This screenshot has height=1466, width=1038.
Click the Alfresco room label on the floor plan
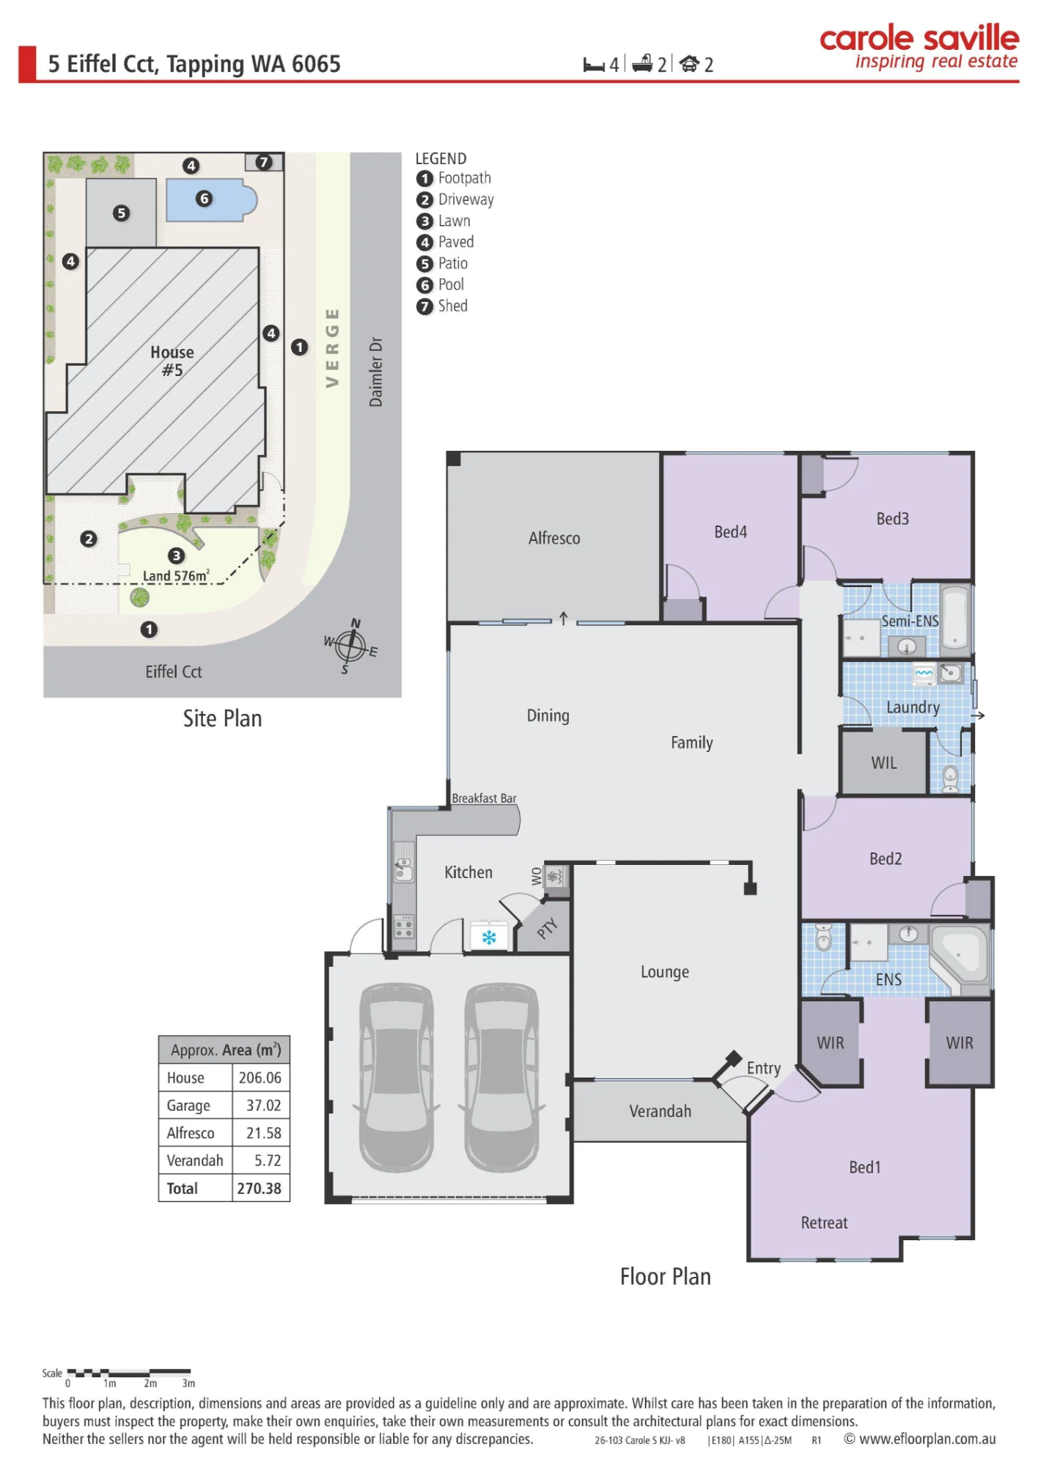(554, 538)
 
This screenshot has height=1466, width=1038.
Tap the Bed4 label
(731, 531)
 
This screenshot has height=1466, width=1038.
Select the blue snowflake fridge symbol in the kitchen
(489, 937)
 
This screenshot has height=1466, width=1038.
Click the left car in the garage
(397, 1078)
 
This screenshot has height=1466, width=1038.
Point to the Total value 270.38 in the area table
(259, 1188)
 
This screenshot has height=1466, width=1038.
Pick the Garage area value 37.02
(263, 1105)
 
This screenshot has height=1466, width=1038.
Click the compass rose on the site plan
(351, 646)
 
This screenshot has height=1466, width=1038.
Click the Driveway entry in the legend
(455, 199)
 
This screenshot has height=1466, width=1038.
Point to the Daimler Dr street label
(375, 372)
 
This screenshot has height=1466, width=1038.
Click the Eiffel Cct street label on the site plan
(174, 671)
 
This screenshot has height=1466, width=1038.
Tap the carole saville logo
(919, 47)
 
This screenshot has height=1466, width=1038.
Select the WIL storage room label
(884, 762)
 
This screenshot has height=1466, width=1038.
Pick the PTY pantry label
(547, 929)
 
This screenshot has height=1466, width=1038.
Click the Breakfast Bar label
(484, 798)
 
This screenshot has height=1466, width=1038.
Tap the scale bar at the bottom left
(129, 1372)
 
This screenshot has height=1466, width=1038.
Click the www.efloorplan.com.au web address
(927, 1439)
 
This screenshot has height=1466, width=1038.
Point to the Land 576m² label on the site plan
(176, 575)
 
